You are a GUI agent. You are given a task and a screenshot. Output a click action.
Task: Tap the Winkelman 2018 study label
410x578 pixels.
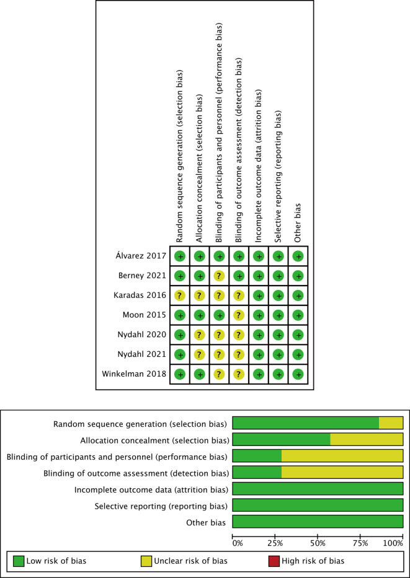[135, 374]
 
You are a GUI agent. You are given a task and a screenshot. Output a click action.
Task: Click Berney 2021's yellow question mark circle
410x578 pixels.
[219, 276]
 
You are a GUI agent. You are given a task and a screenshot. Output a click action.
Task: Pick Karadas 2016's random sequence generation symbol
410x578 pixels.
[180, 296]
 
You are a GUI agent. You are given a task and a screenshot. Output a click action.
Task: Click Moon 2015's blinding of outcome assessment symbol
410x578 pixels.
[239, 315]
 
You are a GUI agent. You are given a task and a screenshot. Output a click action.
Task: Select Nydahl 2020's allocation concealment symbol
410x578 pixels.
[200, 335]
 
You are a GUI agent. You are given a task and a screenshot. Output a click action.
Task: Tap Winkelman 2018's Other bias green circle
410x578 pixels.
[298, 374]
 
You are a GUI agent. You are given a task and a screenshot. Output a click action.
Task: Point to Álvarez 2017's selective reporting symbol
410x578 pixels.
[279, 256]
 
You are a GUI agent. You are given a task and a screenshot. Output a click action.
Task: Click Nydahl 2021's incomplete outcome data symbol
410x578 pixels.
[259, 354]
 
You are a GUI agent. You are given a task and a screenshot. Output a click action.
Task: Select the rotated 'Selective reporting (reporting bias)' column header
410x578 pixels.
[278, 176]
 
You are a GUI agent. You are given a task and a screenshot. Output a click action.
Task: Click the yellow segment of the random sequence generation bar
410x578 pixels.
[391, 423]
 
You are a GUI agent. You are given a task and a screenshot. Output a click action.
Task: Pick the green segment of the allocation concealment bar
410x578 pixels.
[281, 439]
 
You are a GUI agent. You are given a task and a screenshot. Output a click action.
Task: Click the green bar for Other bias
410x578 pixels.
[318, 522]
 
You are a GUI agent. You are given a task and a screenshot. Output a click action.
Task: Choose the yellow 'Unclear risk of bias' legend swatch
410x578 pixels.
[146, 561]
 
